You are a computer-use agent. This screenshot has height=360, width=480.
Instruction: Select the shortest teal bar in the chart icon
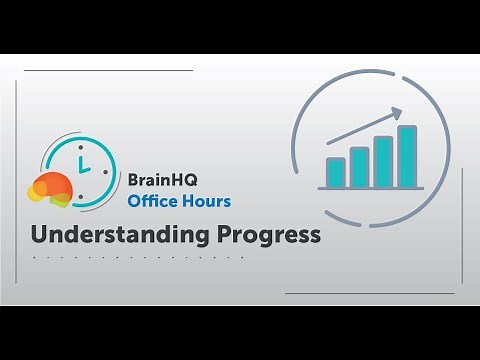coord(335,173)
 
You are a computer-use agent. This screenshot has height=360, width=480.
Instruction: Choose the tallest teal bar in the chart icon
coord(407,157)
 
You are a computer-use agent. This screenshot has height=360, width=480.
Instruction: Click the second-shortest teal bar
coord(359,168)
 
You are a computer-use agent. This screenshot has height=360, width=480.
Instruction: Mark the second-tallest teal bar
coord(383,163)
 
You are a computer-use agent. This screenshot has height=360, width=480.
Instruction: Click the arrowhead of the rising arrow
coord(398,112)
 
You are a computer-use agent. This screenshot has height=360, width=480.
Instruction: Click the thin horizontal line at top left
coord(107,71)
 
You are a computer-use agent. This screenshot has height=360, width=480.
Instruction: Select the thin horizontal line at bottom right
coord(371,294)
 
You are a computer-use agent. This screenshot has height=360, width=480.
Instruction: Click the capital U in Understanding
coord(39,235)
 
